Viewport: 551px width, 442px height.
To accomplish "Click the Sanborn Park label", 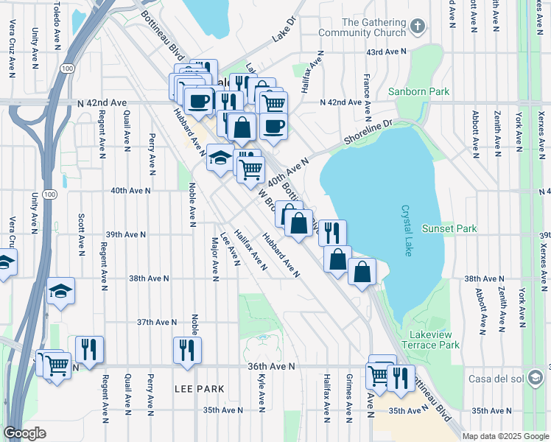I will click(418, 92).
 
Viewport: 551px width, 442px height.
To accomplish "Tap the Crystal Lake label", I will click(407, 231).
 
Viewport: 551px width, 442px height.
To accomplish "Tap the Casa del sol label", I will click(498, 379).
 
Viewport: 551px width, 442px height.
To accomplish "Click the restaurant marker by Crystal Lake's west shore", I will click(332, 231).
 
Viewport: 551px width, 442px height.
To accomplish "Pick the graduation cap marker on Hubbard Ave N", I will click(220, 158).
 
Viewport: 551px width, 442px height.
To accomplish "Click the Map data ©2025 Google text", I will click(505, 436).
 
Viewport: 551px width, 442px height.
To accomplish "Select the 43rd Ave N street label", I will click(387, 52).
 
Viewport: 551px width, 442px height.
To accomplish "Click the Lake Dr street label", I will click(283, 29).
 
